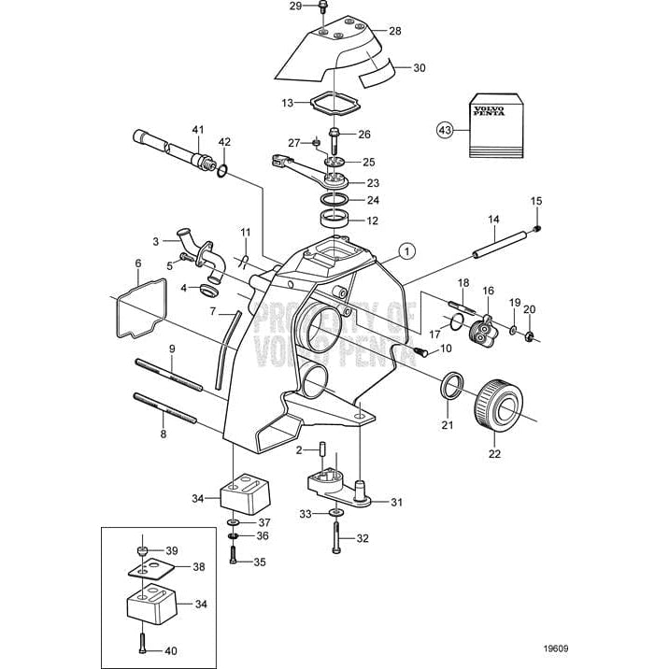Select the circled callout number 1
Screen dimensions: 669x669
pyautogui.click(x=404, y=249)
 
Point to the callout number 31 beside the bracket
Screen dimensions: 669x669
pyautogui.click(x=396, y=503)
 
